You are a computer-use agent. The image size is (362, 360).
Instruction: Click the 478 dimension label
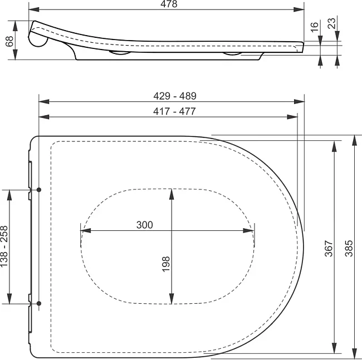(169, 4)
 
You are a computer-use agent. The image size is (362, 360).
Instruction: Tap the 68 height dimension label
(9, 41)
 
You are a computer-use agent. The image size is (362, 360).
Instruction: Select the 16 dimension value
(314, 27)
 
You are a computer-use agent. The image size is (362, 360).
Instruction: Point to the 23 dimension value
(332, 23)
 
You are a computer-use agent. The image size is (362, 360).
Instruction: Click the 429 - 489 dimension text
(175, 96)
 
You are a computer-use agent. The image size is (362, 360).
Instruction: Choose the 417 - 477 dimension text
(174, 111)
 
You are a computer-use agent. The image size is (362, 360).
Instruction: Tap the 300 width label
(145, 225)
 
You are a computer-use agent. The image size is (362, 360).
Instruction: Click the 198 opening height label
(166, 264)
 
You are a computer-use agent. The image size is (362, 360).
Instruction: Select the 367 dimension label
(329, 249)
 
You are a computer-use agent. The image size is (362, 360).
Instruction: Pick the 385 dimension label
(349, 248)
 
